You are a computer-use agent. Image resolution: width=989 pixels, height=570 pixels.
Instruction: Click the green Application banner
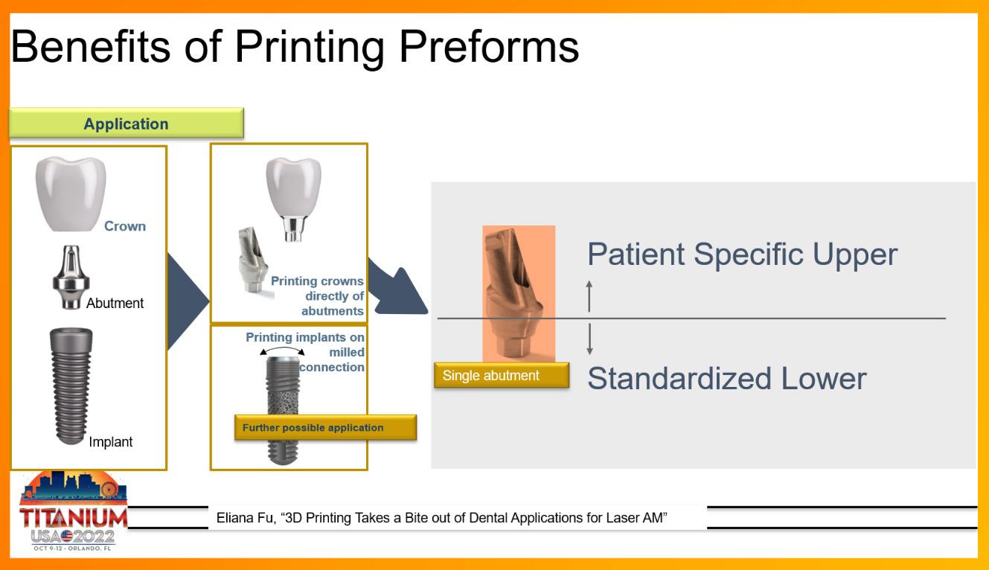[127, 123]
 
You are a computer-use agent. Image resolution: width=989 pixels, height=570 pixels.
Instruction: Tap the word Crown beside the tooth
[125, 226]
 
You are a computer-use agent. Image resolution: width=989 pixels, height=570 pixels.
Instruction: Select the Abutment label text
[115, 303]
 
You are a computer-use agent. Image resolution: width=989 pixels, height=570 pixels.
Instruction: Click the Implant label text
[110, 441]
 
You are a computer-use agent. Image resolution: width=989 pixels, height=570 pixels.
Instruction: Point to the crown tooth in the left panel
[71, 193]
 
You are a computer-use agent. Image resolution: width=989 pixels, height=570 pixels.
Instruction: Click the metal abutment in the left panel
[71, 277]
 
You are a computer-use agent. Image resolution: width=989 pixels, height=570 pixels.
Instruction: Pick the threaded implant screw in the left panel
[71, 386]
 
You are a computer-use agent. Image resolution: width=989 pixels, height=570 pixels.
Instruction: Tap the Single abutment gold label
[502, 375]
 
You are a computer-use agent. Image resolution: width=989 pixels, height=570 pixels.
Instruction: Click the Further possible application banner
[325, 427]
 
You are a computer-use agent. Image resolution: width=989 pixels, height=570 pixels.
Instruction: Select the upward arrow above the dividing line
[589, 296]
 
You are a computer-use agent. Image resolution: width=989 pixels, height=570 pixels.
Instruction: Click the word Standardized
[679, 378]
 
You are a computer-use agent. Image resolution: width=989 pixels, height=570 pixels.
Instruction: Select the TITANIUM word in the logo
[73, 517]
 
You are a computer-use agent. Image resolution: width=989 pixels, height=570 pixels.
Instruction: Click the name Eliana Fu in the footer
[245, 517]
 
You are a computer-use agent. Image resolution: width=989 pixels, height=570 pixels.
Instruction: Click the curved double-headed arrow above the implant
[282, 350]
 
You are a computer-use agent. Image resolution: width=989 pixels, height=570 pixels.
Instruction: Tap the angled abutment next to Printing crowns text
[252, 260]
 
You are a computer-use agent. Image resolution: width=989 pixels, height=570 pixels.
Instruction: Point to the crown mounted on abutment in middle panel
[294, 199]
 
